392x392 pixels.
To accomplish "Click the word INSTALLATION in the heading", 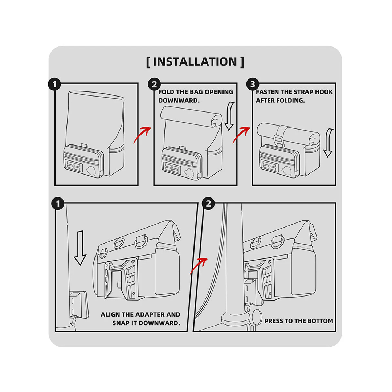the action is [195, 62].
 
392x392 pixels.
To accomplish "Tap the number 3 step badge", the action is [253, 84].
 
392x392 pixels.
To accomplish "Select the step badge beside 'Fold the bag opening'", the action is [155, 84].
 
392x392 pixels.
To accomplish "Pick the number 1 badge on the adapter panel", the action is [58, 204].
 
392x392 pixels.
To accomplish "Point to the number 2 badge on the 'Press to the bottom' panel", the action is [208, 204].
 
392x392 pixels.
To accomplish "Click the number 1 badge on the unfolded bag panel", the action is [54, 84].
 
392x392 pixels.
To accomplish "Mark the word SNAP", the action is [120, 323].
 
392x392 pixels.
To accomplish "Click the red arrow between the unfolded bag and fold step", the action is [142, 135].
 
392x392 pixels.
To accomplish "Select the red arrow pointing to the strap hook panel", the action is [241, 135].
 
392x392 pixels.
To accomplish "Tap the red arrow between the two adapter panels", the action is [199, 266].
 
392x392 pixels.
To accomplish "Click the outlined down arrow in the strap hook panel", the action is [328, 143].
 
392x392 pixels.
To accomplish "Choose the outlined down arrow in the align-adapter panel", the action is [80, 248].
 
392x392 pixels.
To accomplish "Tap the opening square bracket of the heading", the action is [148, 62].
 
